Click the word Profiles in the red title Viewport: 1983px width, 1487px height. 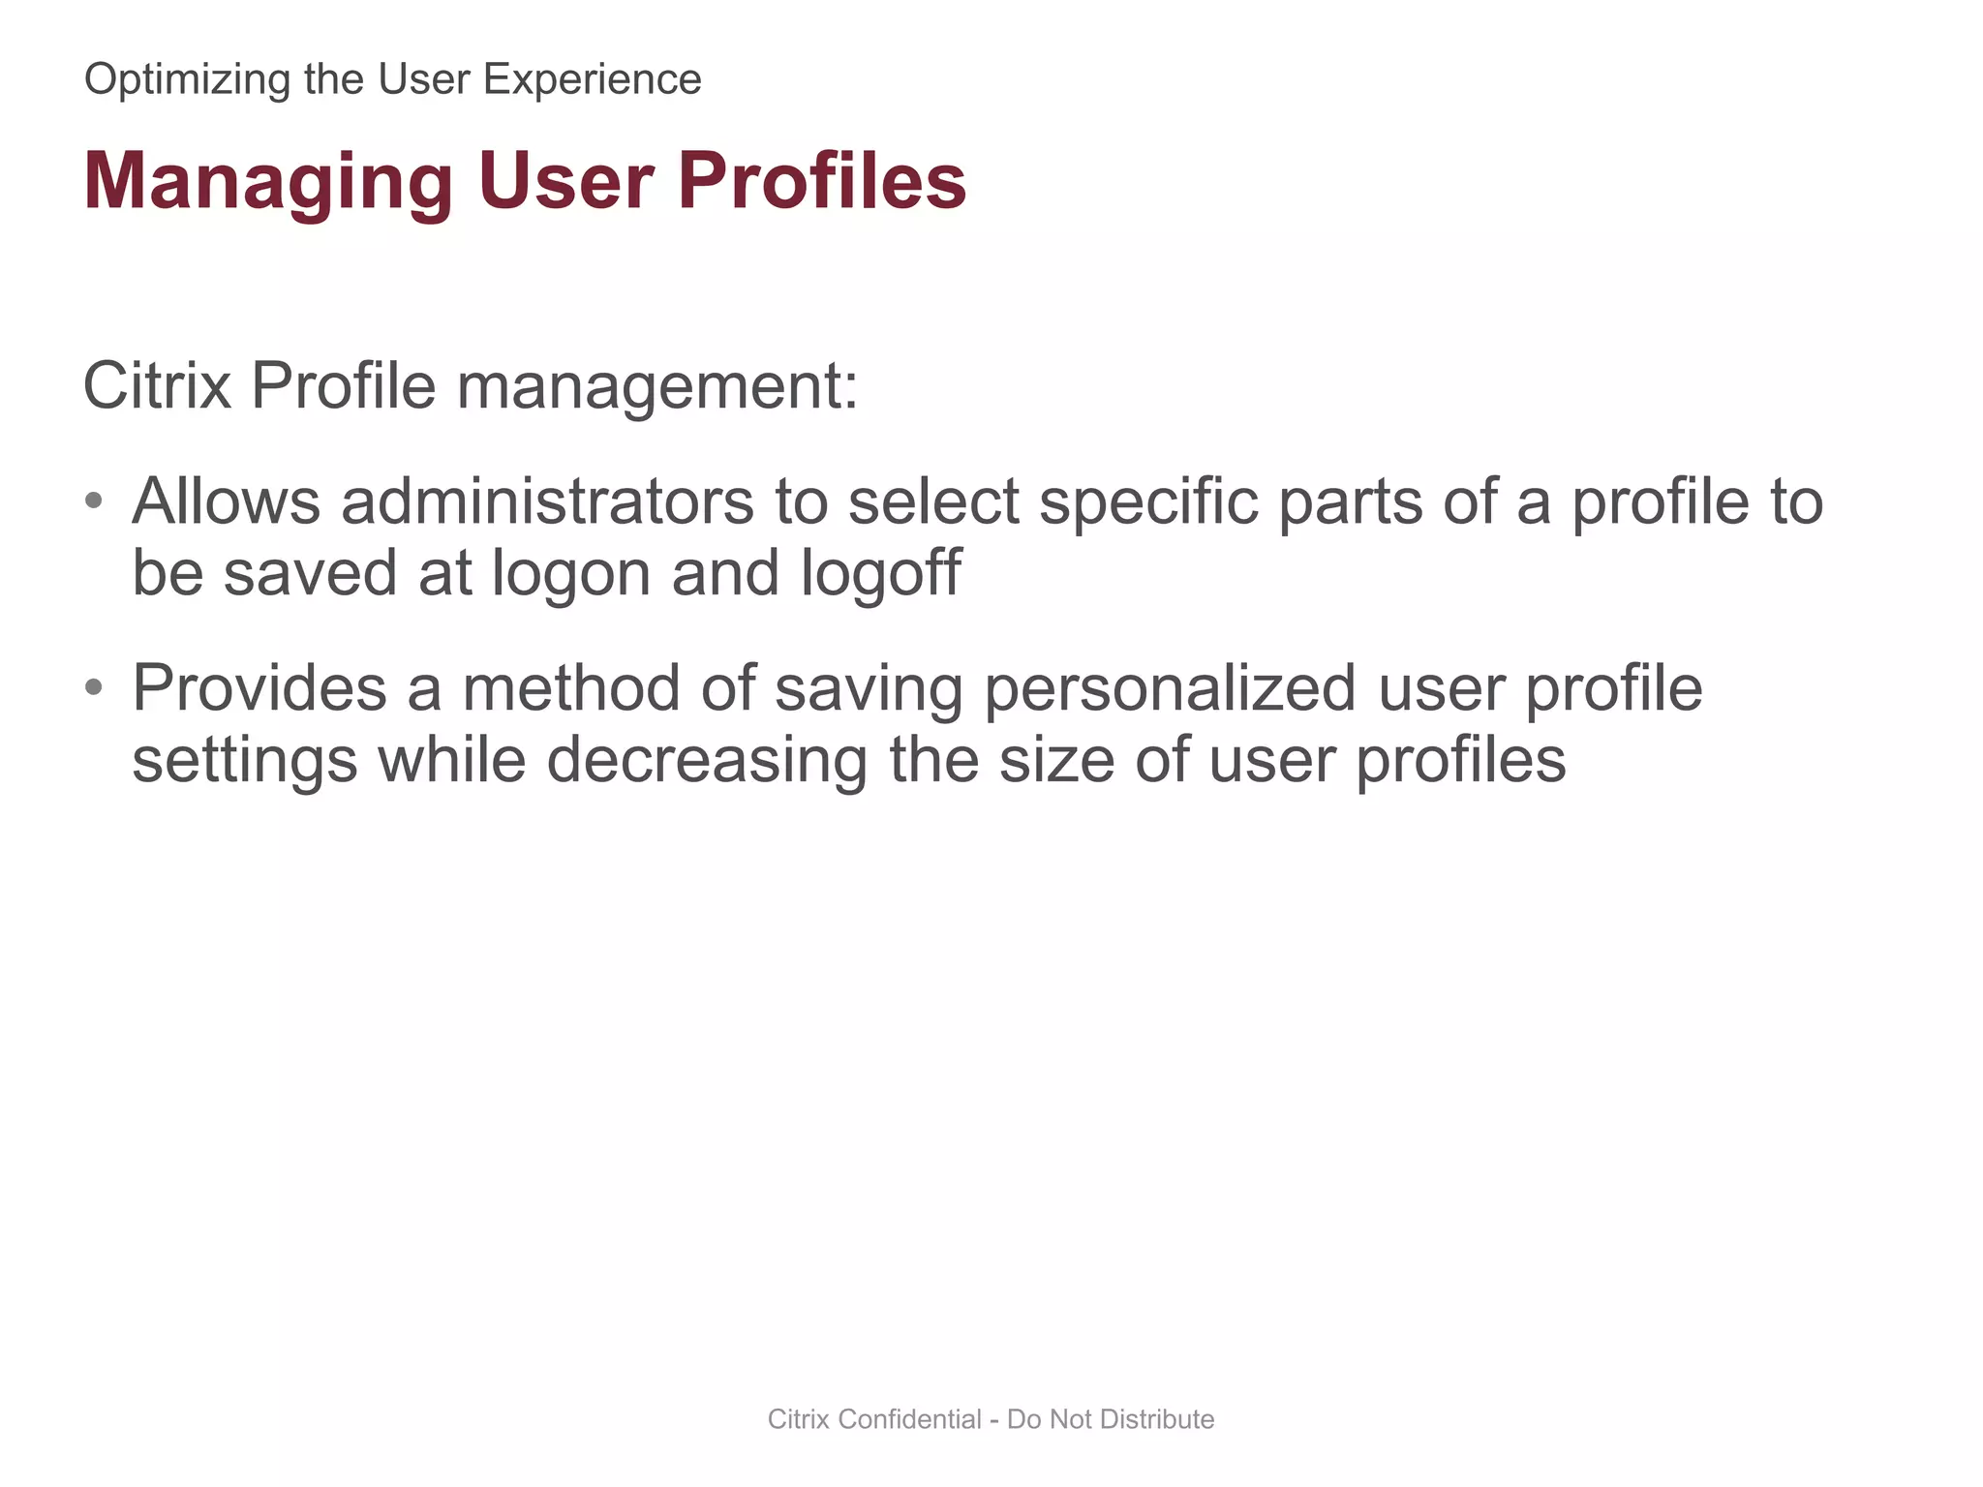(821, 181)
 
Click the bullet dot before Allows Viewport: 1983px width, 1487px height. (93, 501)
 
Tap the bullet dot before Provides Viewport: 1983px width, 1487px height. (93, 687)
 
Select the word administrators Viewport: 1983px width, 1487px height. (547, 501)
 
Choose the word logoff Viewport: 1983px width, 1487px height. (881, 573)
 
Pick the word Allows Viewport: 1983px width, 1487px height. (226, 501)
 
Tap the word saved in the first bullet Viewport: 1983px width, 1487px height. (310, 573)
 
